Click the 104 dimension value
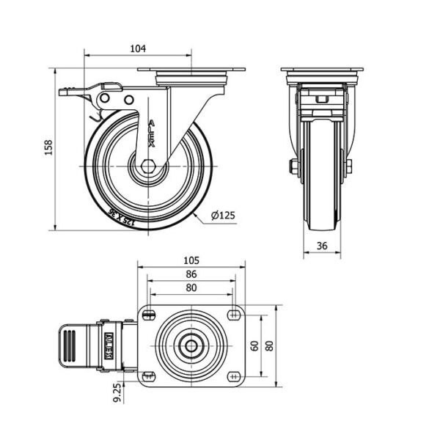pos(138,48)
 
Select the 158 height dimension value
pos(48,147)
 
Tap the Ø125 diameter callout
pos(223,215)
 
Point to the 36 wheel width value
pos(322,246)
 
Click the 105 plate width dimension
pos(191,260)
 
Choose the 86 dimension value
pos(191,274)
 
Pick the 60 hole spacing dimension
pos(254,345)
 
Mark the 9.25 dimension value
pos(118,393)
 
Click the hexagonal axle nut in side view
pos(147,166)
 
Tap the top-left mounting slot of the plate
pos(149,315)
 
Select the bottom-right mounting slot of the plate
pos(234,376)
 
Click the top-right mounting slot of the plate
pos(234,315)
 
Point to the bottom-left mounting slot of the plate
pos(149,376)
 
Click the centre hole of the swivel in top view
pos(191,346)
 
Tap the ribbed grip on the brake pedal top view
pos(70,345)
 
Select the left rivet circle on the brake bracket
pos(104,98)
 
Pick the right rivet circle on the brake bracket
pos(129,100)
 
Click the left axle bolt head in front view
pos(292,166)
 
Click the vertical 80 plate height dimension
pos(270,345)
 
